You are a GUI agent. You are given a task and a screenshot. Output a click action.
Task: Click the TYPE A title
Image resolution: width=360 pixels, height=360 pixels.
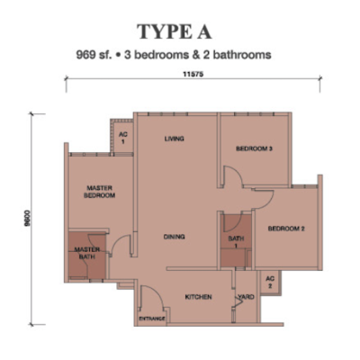(x=175, y=31)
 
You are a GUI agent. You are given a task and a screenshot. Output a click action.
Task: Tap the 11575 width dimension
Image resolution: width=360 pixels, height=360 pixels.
(x=193, y=75)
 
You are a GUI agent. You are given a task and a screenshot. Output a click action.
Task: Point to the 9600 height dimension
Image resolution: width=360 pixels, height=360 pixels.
(x=28, y=220)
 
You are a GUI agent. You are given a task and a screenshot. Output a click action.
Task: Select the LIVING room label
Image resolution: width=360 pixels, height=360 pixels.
(x=175, y=139)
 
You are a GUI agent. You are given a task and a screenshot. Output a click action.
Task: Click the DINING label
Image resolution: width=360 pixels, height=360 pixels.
(x=174, y=237)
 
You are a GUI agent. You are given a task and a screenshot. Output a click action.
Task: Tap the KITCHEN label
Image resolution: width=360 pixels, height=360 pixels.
(x=198, y=297)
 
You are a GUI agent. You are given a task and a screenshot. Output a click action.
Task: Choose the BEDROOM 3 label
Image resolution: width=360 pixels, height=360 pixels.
(x=254, y=148)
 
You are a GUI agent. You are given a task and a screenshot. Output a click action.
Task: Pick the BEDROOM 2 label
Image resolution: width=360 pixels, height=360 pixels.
(x=286, y=229)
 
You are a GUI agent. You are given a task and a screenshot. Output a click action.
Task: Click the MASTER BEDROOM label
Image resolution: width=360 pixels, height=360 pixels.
(x=99, y=192)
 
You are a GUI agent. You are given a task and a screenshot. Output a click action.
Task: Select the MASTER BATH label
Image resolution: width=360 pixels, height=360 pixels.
(x=87, y=253)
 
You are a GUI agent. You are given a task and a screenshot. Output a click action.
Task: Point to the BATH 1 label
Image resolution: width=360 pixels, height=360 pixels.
(x=236, y=242)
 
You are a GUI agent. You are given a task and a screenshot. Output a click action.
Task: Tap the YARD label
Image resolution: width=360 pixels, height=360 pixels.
(x=247, y=297)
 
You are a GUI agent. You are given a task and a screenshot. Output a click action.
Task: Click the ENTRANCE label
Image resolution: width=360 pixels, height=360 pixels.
(x=152, y=319)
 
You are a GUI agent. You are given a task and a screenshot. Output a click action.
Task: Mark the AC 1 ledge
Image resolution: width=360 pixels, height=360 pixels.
(x=122, y=137)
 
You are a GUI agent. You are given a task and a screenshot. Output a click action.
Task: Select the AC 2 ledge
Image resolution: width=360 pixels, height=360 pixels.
(x=270, y=283)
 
